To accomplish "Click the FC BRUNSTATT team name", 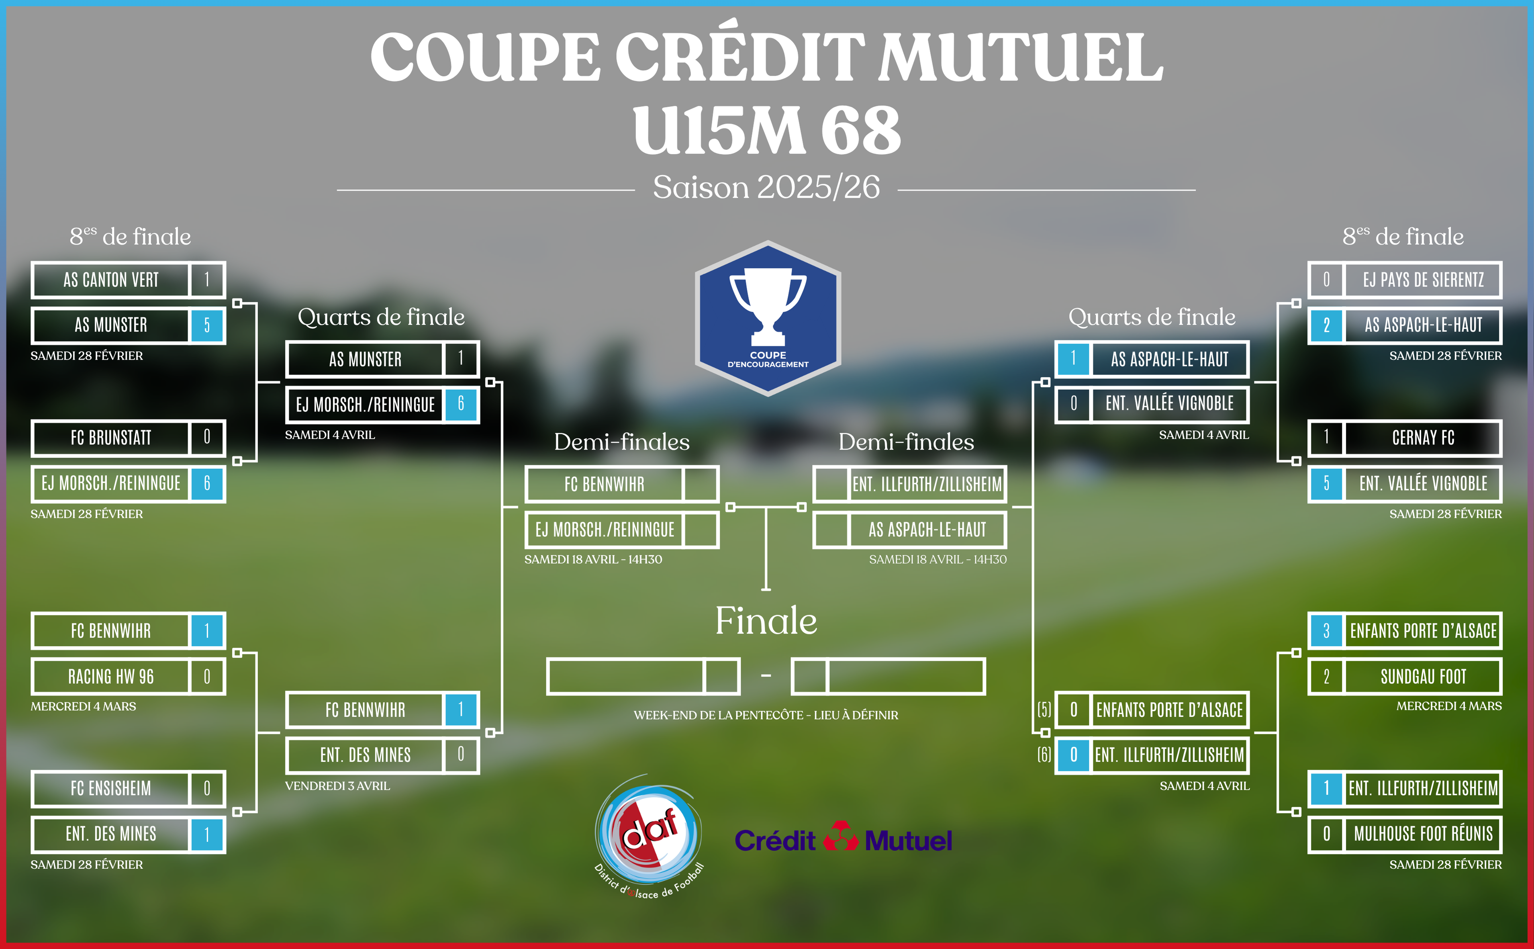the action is tap(111, 438).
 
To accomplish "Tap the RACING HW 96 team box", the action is tap(128, 677).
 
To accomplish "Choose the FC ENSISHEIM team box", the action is tap(128, 788).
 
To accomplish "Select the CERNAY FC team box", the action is tap(1405, 438).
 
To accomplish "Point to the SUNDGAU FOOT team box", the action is tap(1405, 677).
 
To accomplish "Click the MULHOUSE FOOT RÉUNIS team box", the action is tap(1405, 834).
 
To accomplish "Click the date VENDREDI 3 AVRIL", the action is tap(337, 786).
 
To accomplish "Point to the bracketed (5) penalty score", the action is tap(1044, 710).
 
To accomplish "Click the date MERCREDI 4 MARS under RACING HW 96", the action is tap(84, 706).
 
